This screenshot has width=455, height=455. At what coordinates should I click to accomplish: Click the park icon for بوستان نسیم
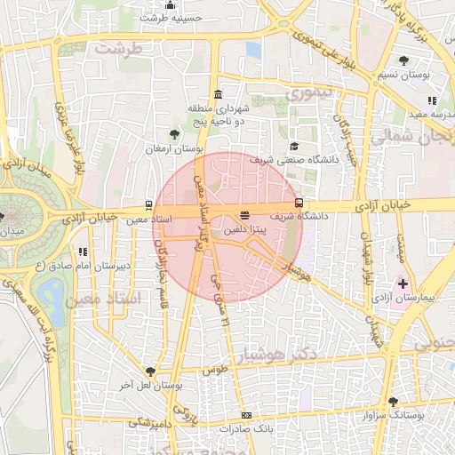click(403, 60)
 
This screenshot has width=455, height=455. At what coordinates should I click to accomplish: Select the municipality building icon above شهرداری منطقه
click(219, 95)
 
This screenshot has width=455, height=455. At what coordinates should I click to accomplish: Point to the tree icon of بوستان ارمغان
click(174, 135)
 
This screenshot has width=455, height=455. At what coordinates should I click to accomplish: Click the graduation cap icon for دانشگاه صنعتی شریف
click(294, 147)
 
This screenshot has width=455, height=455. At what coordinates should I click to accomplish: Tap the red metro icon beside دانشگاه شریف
click(299, 202)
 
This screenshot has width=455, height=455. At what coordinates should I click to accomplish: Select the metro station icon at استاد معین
click(148, 205)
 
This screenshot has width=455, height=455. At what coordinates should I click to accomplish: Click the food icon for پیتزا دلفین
click(244, 215)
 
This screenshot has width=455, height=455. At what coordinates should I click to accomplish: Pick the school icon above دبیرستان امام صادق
click(83, 252)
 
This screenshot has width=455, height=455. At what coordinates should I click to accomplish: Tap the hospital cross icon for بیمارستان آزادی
click(403, 283)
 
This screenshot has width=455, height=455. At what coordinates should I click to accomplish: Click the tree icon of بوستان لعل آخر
click(149, 371)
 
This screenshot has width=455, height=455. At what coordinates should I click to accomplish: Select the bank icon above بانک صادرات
click(246, 415)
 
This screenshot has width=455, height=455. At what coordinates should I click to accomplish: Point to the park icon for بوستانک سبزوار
click(393, 402)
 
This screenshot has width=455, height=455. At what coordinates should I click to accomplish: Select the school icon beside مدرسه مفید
click(432, 101)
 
